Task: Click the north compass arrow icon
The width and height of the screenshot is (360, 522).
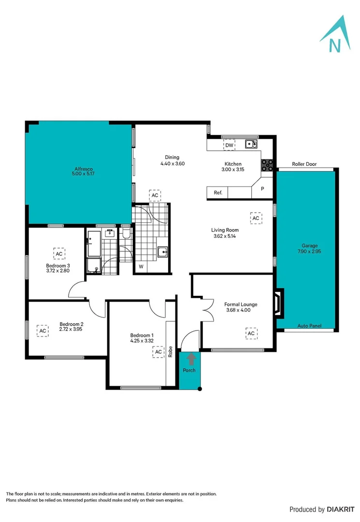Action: pos(334,35)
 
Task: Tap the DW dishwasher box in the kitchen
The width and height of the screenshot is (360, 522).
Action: pos(229,145)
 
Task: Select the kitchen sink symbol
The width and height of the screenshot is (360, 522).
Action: pos(251,144)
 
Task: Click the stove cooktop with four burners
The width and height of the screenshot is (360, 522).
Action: pos(267,165)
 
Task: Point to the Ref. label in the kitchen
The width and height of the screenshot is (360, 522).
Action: pos(218,193)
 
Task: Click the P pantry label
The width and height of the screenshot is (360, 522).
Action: pos(262,189)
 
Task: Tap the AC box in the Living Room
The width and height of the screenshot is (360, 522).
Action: pos(256,218)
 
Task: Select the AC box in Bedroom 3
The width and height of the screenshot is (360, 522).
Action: pos(59,253)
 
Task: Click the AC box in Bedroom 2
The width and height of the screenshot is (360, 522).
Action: pos(43,331)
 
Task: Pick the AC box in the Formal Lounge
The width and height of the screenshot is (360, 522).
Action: pos(251,333)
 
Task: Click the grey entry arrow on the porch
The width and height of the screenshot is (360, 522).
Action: pos(191,359)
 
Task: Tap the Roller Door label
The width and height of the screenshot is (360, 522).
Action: pos(304,164)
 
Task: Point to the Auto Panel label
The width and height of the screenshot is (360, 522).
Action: pos(309,326)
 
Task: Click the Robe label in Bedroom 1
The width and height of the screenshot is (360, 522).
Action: pos(171,350)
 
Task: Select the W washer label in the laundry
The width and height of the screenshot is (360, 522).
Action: pos(141,266)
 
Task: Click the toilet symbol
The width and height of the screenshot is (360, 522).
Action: pos(126,234)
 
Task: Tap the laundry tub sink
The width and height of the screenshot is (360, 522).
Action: pos(163,251)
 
